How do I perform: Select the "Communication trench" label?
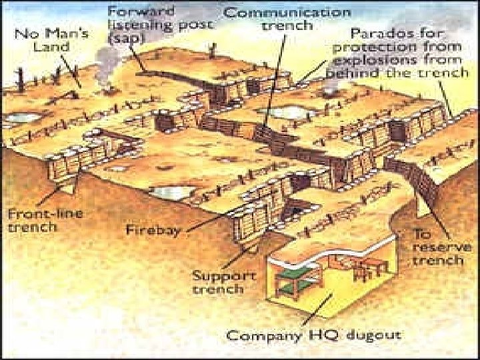287,19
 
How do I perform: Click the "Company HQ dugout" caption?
313,335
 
